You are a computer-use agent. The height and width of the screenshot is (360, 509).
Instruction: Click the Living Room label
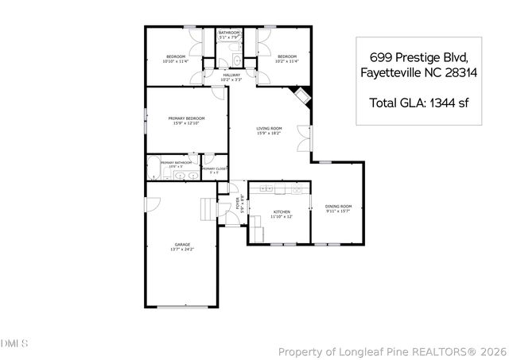click(x=269, y=128)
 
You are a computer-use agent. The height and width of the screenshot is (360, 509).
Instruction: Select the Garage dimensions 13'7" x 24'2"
click(x=181, y=250)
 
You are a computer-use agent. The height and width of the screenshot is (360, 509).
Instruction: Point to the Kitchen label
click(x=282, y=212)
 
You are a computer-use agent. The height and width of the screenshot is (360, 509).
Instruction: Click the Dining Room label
click(x=339, y=207)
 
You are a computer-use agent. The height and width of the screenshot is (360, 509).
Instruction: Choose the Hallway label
click(x=231, y=75)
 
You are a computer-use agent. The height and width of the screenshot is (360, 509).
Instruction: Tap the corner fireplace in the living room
click(x=303, y=96)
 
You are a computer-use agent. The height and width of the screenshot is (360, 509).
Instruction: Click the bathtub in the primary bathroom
click(x=152, y=169)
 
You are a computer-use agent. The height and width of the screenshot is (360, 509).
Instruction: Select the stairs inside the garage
click(x=208, y=209)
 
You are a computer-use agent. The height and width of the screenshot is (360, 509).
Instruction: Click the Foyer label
click(x=237, y=205)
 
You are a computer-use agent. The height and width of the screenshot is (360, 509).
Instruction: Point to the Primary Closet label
click(x=213, y=169)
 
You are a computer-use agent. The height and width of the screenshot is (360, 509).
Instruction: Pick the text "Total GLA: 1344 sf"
click(x=408, y=102)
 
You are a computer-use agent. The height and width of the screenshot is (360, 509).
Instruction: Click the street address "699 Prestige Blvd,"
click(x=408, y=58)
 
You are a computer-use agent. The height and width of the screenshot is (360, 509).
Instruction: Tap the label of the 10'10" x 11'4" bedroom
click(x=175, y=56)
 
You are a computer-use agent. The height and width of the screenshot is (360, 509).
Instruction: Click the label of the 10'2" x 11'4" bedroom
click(x=286, y=56)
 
